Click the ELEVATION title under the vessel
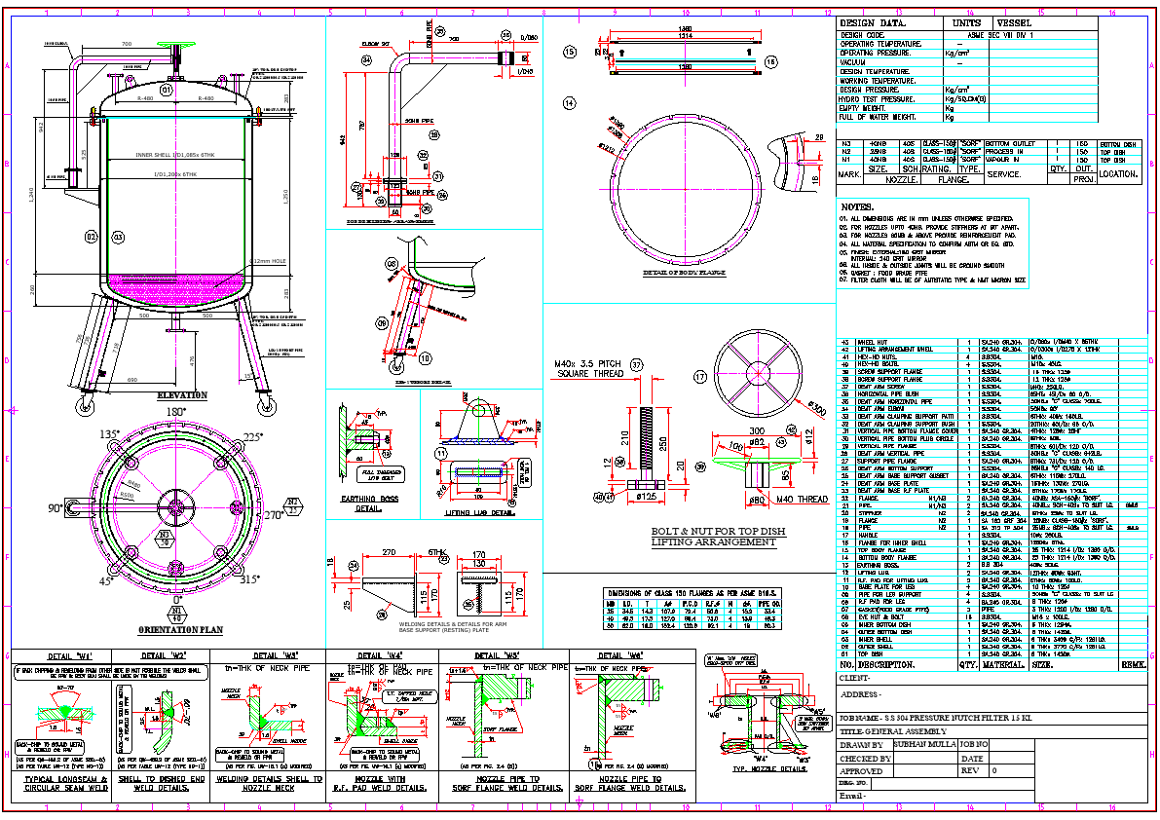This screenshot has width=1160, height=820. [x=182, y=395]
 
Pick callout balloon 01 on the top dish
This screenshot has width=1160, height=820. [x=167, y=90]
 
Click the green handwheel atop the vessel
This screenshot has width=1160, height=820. [x=176, y=50]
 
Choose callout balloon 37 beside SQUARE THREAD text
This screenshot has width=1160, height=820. [x=637, y=365]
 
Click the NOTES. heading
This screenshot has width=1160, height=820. [x=858, y=206]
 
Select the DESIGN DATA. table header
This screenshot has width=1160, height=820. [x=873, y=23]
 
